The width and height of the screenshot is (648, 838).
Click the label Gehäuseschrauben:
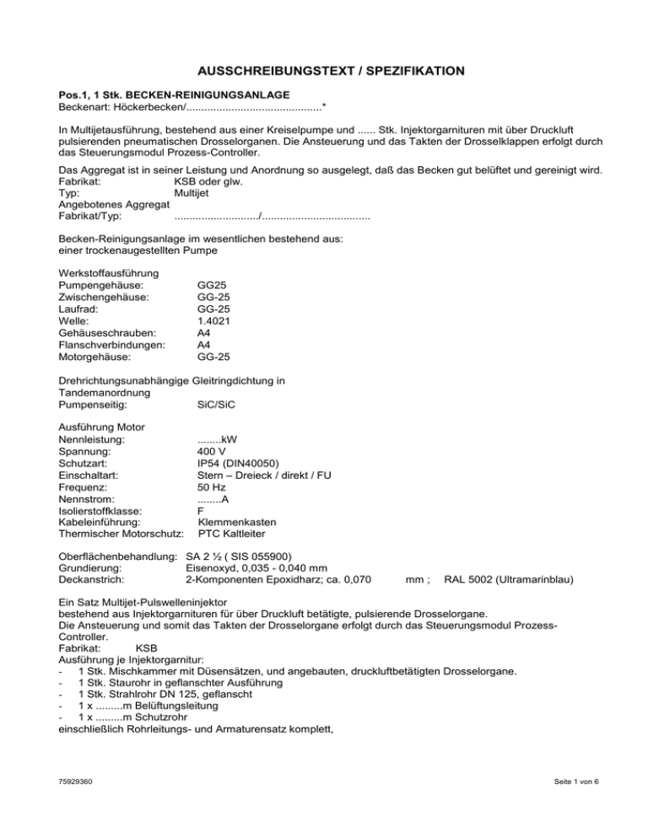click(x=105, y=333)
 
